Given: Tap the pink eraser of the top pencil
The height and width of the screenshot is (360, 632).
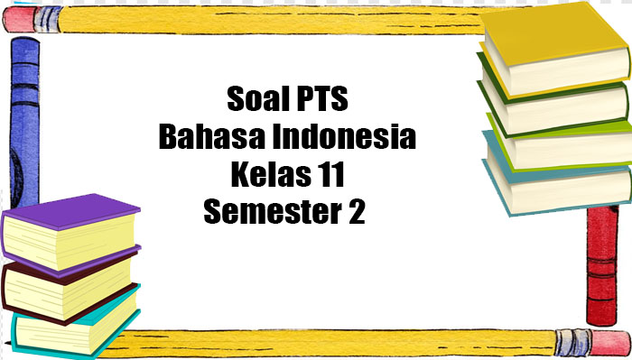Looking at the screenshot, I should coord(23,17).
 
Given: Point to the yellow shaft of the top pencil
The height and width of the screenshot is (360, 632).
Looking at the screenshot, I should coord(271,16).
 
